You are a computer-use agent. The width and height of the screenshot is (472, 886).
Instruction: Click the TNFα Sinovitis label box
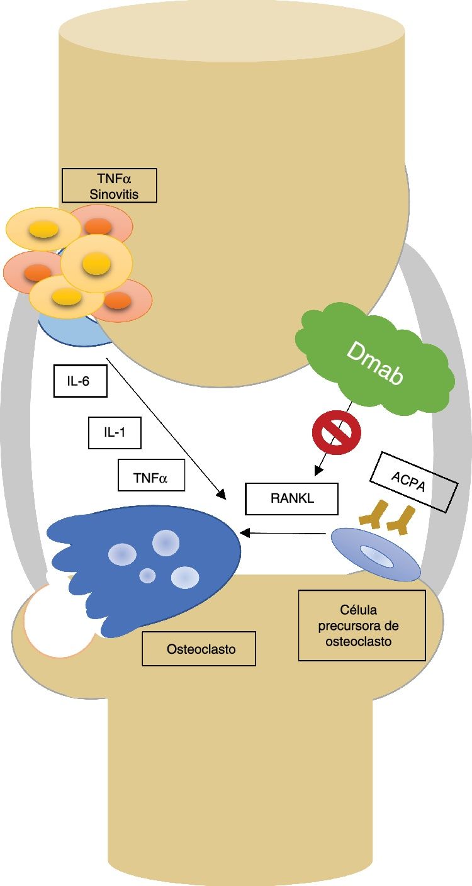coord(109,185)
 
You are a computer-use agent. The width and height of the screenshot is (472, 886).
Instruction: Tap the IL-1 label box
coord(114,432)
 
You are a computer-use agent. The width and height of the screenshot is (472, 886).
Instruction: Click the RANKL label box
coord(291,499)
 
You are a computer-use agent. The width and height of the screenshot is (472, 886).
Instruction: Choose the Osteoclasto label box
coord(199,648)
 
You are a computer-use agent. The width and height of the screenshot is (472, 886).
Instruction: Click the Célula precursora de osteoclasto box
coord(362,625)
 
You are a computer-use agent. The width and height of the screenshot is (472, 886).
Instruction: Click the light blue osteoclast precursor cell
coord(375,554)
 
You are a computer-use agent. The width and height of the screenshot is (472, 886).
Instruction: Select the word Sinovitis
coord(113,194)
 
